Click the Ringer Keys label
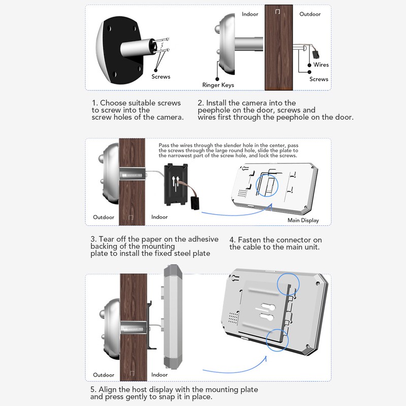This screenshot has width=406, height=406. (x=218, y=85)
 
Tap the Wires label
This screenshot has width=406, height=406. (x=321, y=65)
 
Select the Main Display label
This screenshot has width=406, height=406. (x=303, y=220)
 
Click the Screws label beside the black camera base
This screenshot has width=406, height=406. (x=161, y=77)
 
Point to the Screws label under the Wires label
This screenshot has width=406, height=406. (x=319, y=79)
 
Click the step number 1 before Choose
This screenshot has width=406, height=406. (x=94, y=103)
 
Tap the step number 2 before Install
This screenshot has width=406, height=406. (x=200, y=103)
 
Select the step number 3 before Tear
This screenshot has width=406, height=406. (x=93, y=240)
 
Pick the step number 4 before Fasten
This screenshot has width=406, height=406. (x=232, y=240)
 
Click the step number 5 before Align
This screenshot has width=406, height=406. (x=93, y=390)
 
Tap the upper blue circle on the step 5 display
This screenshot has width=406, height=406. (x=289, y=283)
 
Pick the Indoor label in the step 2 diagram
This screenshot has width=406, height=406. (x=250, y=14)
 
